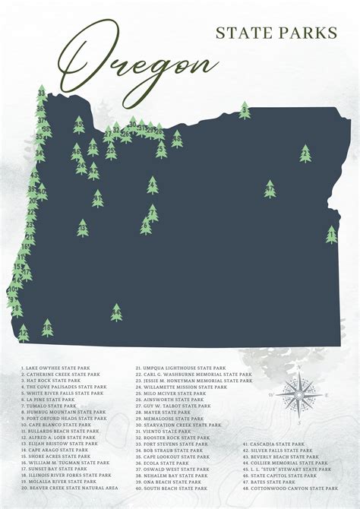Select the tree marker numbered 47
pyautogui.click(x=270, y=188)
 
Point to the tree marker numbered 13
pyautogui.click(x=82, y=227)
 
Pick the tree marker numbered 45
pyautogui.click(x=79, y=125)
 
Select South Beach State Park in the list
pyautogui.click(x=173, y=488)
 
